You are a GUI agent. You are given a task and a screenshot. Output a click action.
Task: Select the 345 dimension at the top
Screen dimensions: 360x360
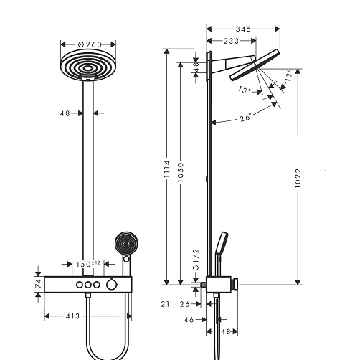(243, 29)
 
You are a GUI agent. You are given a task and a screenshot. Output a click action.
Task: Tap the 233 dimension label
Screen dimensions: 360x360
(231, 41)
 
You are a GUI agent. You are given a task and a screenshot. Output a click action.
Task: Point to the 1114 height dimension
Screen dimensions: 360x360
(167, 169)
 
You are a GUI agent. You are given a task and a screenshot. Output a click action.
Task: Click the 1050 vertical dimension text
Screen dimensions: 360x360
(181, 172)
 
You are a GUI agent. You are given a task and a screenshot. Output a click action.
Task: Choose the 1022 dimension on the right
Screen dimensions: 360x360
(298, 178)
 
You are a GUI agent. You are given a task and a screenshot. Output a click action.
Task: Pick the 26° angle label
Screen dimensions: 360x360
(246, 117)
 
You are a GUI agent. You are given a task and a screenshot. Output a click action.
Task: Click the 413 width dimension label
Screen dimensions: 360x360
(72, 316)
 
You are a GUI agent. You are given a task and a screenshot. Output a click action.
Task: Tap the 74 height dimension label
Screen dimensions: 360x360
(38, 284)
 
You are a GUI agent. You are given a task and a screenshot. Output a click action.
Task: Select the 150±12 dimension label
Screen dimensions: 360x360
(88, 264)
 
